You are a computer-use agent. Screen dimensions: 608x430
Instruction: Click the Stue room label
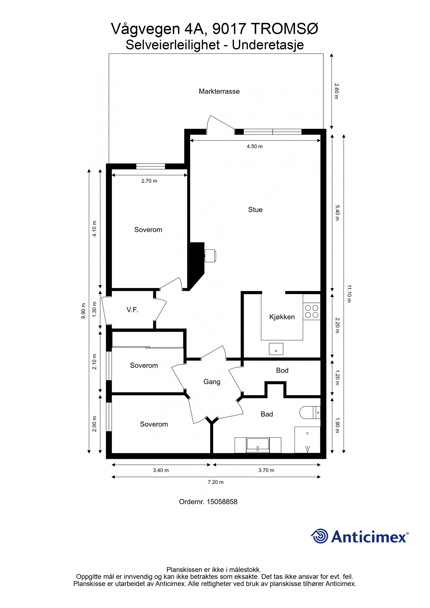255,210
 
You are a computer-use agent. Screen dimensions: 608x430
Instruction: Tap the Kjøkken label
282,317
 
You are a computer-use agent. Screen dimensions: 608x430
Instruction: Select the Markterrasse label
219,91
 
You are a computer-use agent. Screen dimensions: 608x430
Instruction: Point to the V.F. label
132,310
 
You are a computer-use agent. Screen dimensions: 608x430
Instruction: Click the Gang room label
212,382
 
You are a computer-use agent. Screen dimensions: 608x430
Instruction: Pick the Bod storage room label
282,370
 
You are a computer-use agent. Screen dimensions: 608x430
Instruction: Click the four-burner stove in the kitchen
311,311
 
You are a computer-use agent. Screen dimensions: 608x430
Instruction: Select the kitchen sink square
276,349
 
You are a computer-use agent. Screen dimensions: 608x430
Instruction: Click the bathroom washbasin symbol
258,444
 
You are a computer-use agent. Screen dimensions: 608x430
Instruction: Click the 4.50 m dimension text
255,146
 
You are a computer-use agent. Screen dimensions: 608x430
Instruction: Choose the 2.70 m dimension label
149,181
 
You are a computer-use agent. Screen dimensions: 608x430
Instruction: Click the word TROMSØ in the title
285,29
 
